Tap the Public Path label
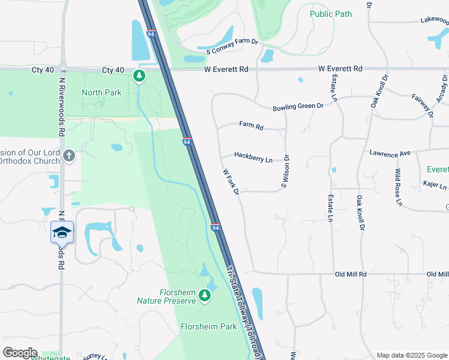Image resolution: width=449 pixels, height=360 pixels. point(331,14)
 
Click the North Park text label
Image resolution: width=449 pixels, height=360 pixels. point(101,92)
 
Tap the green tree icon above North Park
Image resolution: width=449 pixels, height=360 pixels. point(139,76)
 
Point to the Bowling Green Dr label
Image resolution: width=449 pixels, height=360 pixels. point(298,106)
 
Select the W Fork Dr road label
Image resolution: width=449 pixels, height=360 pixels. point(231,181)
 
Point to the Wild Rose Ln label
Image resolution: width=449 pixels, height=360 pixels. point(397,187)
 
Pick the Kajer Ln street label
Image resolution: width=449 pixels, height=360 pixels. point(435,186)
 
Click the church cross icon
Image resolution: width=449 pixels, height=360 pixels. point(68,156)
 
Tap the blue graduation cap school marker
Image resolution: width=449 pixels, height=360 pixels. point(62,232)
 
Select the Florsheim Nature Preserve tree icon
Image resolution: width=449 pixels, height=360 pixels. point(205,295)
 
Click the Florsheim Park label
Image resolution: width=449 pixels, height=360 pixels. point(209,327)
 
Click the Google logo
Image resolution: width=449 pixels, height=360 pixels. point(20,352)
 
